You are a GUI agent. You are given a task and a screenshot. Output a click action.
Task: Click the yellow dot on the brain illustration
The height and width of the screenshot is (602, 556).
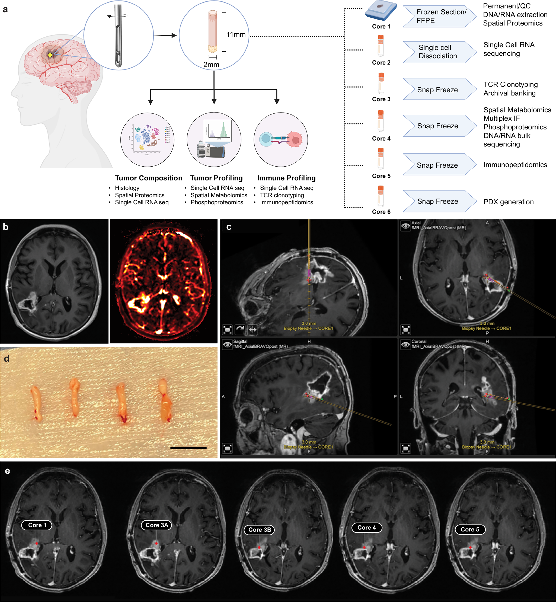[x=50, y=55]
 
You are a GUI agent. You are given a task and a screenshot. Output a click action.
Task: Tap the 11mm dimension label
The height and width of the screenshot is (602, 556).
[x=236, y=35]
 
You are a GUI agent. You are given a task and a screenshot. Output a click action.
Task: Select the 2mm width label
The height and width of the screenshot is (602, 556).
[x=211, y=64]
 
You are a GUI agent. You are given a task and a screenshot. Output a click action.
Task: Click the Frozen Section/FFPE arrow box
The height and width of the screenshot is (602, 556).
[x=440, y=16]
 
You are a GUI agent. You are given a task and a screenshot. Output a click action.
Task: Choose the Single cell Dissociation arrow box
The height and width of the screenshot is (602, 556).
[x=440, y=52]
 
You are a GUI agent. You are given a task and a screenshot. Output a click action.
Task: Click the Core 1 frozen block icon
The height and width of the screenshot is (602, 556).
[x=381, y=11]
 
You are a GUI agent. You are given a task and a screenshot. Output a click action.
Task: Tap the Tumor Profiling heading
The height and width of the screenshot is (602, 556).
[x=216, y=178]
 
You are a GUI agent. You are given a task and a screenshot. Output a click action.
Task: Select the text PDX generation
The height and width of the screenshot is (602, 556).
[x=509, y=202]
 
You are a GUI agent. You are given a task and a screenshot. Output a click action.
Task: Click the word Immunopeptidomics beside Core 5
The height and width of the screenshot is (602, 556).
[x=515, y=165]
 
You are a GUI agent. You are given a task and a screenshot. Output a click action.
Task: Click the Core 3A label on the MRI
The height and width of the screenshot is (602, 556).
[x=156, y=525]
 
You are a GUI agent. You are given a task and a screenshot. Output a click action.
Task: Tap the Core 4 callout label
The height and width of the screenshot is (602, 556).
[x=366, y=527]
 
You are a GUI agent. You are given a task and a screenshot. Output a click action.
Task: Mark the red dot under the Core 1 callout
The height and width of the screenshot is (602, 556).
[x=37, y=543]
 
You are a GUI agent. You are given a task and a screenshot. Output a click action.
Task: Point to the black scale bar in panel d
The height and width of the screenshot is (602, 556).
[x=188, y=448]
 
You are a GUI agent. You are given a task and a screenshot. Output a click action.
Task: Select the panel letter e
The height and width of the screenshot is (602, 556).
[x=7, y=470]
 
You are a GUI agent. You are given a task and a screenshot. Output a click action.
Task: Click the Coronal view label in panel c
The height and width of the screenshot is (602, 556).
[x=419, y=341]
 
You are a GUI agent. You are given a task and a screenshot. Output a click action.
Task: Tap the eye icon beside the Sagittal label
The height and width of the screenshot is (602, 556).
[x=227, y=345]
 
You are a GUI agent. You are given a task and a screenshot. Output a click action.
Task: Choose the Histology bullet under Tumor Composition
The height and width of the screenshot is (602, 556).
[x=127, y=188]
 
